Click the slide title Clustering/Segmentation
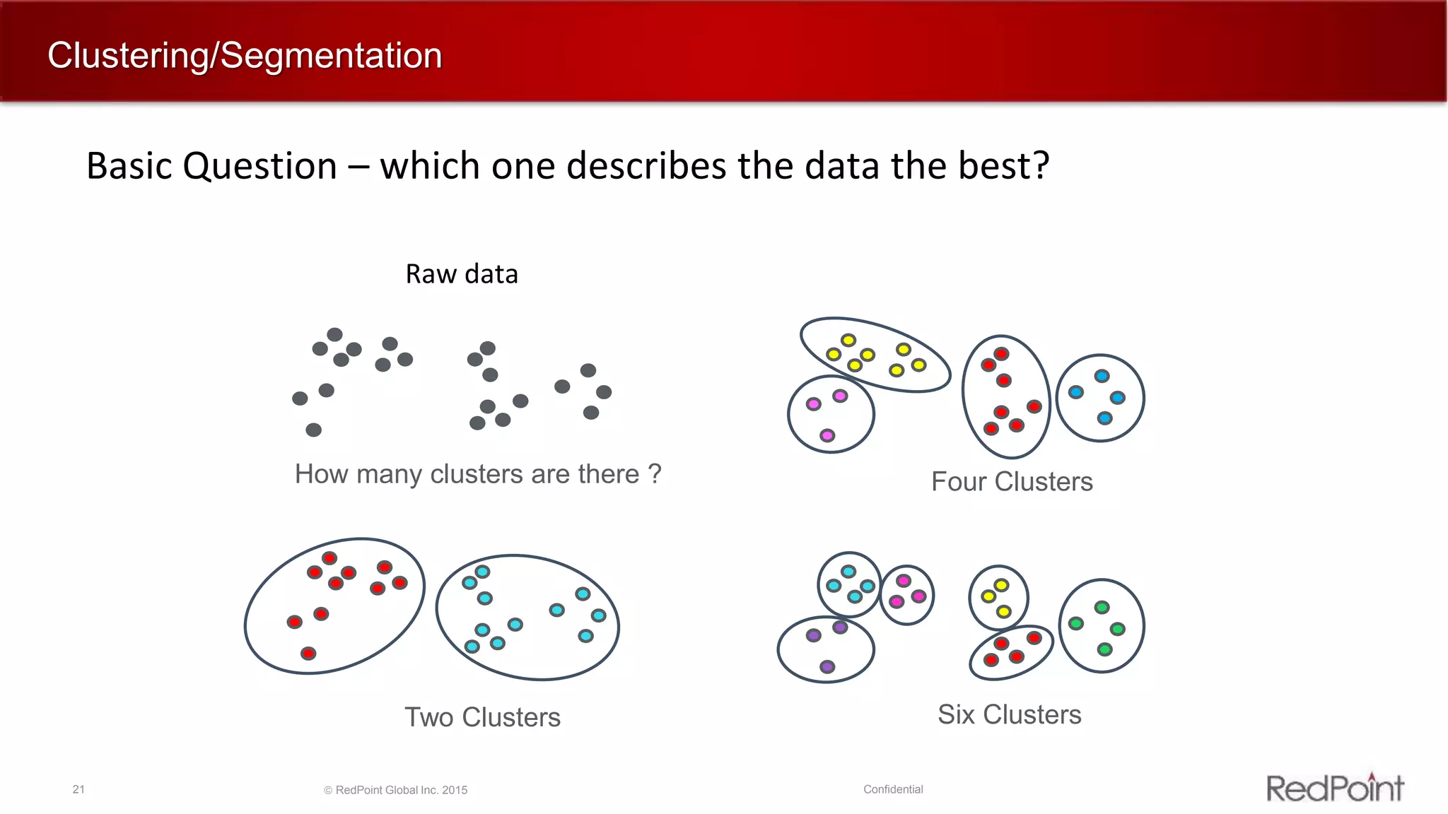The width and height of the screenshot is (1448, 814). [245, 56]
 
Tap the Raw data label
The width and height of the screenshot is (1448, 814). [462, 274]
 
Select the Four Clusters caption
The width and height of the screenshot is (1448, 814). [1012, 482]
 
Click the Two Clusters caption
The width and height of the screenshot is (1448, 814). [482, 717]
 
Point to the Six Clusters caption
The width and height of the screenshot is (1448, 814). [1009, 714]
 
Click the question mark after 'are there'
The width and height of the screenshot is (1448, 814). [655, 473]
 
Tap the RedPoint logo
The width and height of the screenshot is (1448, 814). [1334, 787]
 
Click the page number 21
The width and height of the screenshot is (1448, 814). [78, 789]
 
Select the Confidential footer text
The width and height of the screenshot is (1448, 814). [893, 789]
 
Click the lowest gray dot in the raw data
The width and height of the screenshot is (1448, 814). [313, 430]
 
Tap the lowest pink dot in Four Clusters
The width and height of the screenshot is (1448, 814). [827, 435]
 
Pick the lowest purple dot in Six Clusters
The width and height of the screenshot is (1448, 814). [827, 666]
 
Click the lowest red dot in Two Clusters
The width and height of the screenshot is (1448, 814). [308, 654]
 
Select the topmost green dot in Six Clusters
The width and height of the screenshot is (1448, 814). [1102, 607]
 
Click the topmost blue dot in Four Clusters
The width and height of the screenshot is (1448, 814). [1102, 376]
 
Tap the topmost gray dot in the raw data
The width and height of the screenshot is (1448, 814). [334, 334]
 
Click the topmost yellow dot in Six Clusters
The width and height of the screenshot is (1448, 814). [1001, 585]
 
